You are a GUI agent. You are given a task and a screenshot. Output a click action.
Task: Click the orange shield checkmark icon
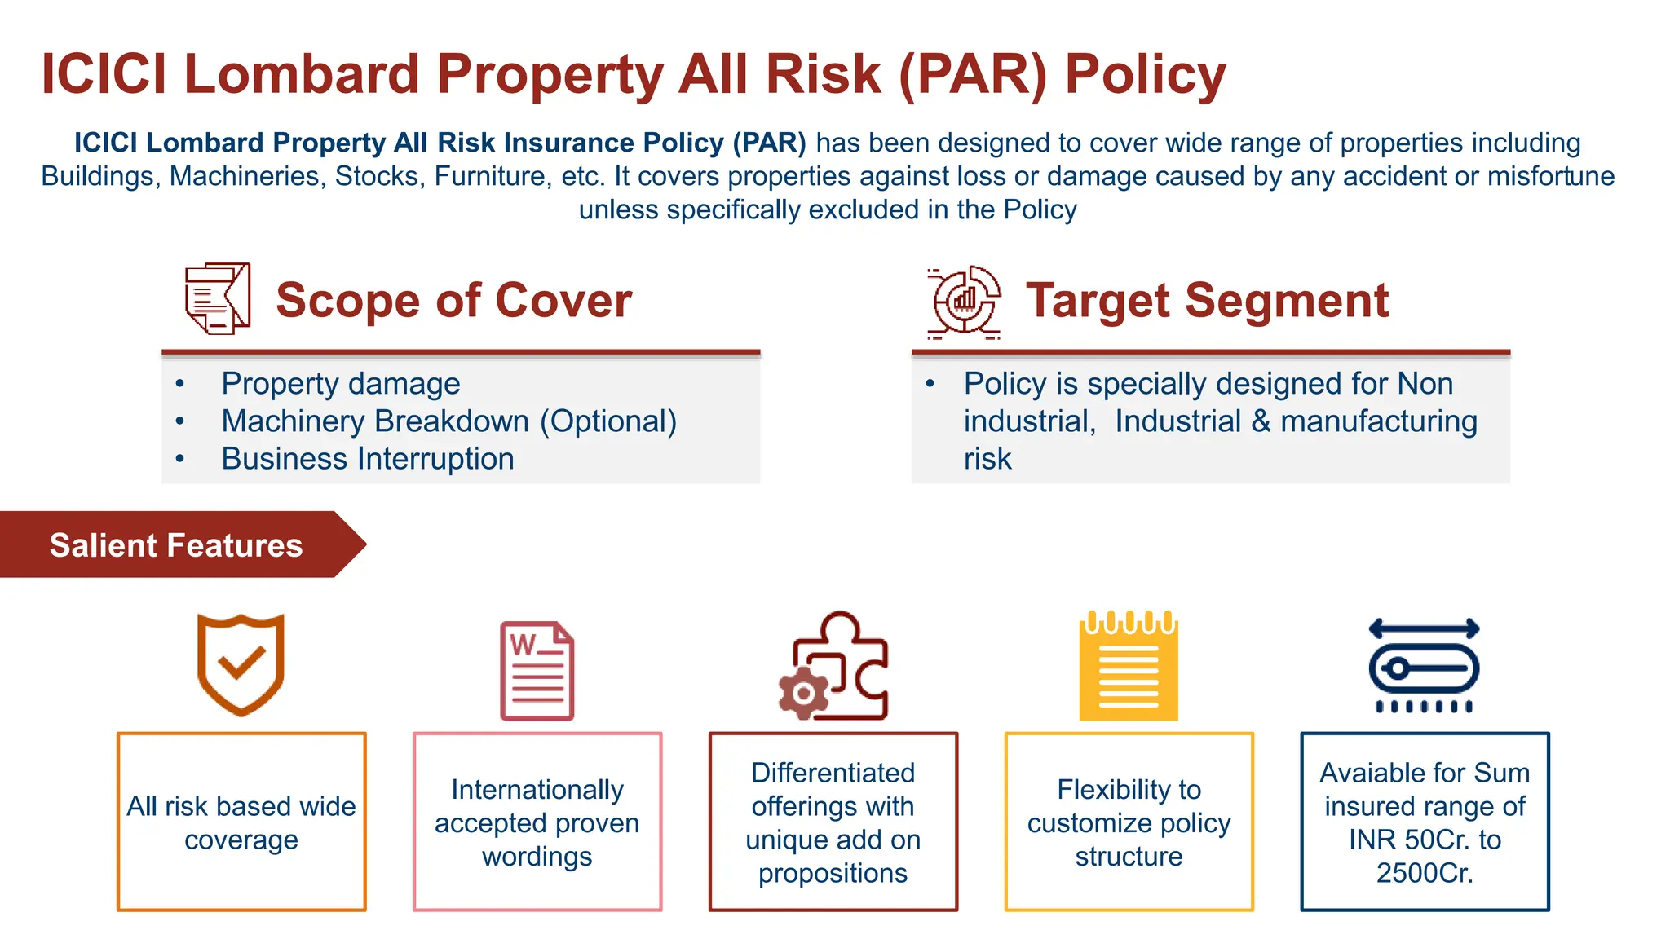coord(241,665)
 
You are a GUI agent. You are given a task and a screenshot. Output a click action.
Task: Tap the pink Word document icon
coord(537,671)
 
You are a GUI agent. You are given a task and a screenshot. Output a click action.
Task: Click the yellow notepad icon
coord(1129,667)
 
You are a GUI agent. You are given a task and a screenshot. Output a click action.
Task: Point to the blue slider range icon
coord(1424,667)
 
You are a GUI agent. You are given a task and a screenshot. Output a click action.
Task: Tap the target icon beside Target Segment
coord(964,301)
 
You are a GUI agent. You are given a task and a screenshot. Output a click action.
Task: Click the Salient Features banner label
coord(176,544)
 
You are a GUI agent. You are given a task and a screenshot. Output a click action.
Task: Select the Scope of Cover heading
coord(453,300)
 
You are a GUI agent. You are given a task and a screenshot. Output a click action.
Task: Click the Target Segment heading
coord(1207,300)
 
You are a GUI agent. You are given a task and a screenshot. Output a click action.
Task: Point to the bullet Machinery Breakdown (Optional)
coord(448,421)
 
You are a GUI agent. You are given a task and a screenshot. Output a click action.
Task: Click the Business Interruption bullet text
coord(368,459)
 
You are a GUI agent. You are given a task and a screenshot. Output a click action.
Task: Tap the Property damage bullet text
coord(341,384)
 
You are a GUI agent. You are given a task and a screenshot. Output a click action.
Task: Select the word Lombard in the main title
coord(301,75)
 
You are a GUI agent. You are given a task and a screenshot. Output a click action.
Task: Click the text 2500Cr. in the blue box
coord(1425,873)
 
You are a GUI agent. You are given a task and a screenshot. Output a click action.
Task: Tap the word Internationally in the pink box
coord(537,789)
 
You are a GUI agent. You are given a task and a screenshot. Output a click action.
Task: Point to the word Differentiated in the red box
coord(833,773)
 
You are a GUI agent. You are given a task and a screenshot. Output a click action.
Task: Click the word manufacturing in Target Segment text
coord(1379,421)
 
